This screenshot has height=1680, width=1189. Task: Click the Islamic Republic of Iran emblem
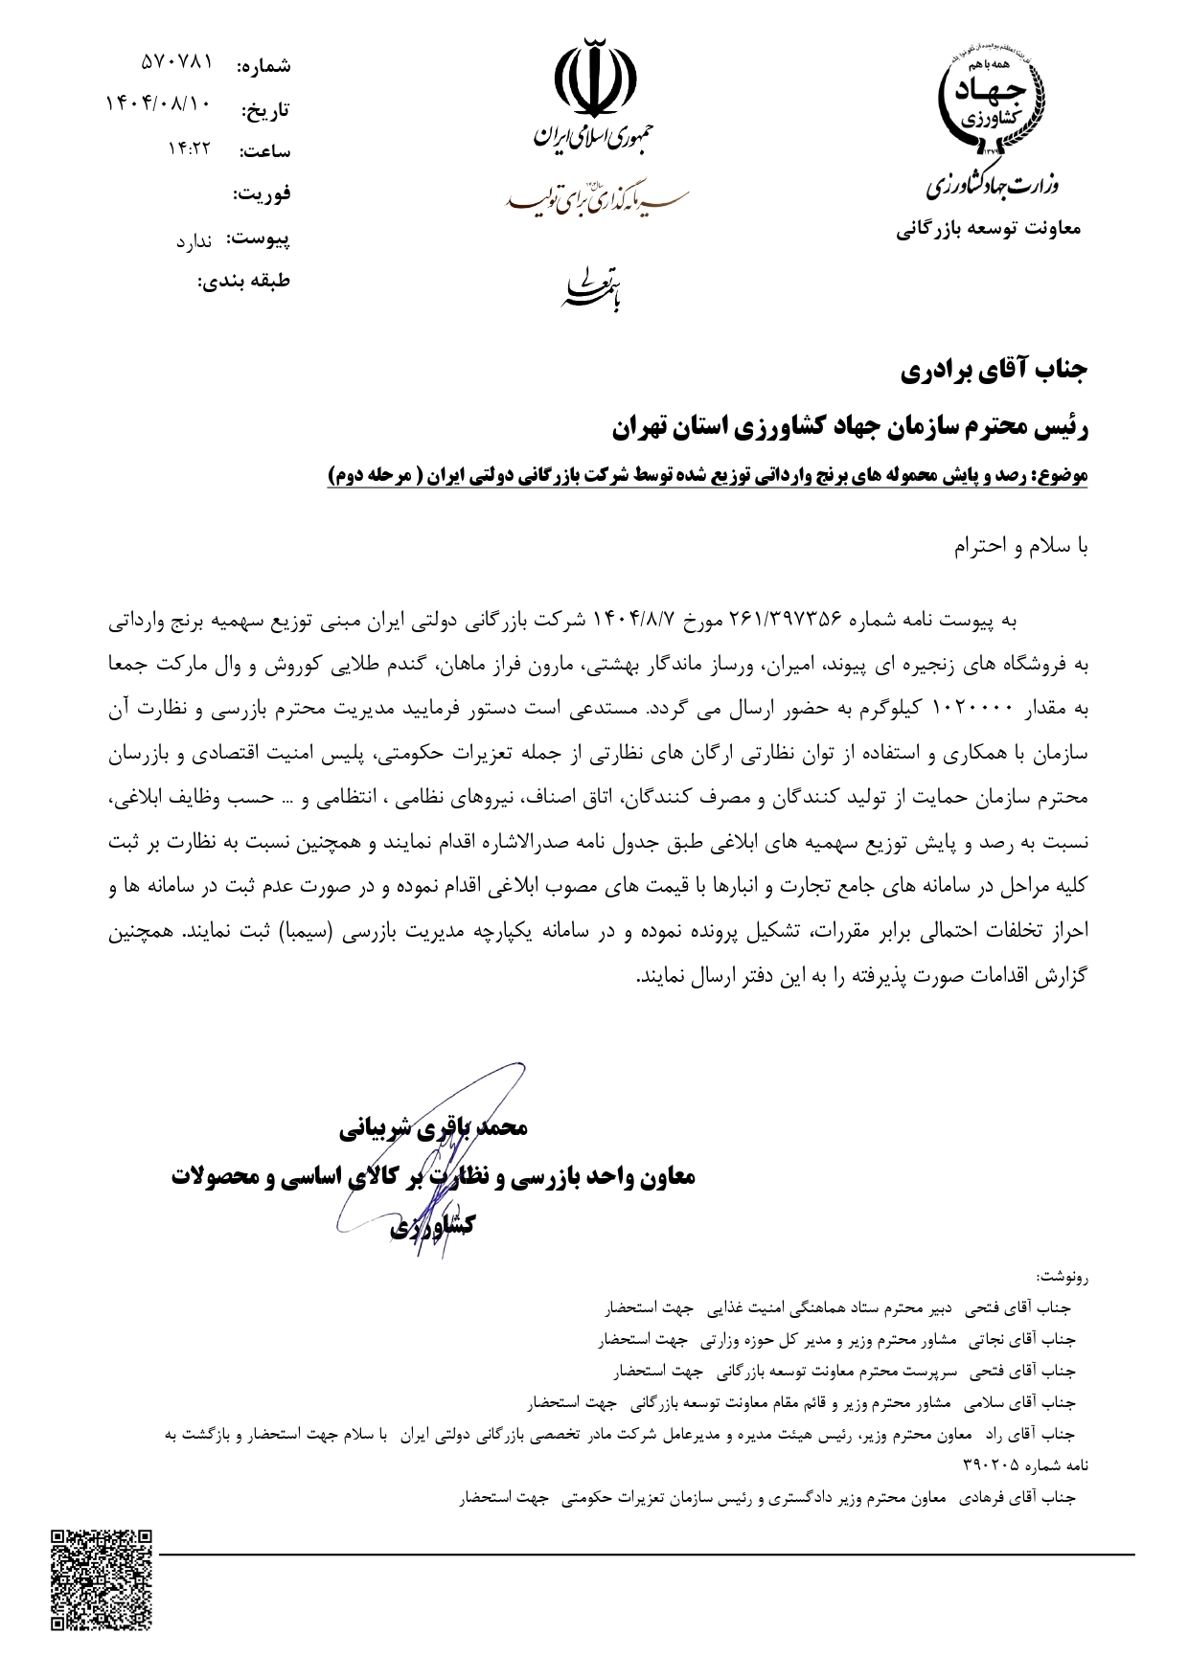coord(595,74)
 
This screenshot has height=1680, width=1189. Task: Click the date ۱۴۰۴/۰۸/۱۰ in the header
coord(157,103)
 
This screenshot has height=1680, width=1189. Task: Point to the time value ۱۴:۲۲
coord(189,148)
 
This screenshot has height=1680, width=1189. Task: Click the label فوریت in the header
coord(262,194)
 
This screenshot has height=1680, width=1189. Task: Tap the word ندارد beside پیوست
coord(194,241)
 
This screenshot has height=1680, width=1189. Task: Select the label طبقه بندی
coord(243,283)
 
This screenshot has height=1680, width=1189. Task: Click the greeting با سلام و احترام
coord(1021,548)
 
